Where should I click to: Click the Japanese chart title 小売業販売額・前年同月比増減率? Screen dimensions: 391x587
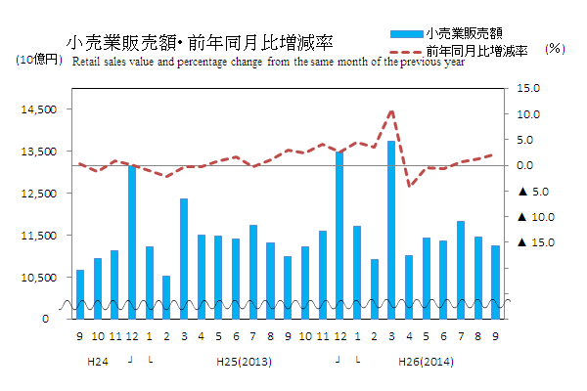pos(200,43)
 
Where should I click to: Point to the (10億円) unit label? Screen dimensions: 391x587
pos(39,61)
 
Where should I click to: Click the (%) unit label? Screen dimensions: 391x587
pos(555,48)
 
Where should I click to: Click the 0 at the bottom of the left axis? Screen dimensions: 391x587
pos(45,319)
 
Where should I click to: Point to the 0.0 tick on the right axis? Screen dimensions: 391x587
pos(527,165)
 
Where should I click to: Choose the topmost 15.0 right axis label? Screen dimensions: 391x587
pos(528,89)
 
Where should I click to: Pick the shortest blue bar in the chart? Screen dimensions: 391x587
pos(166,297)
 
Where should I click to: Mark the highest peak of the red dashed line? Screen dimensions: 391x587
pos(391,110)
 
